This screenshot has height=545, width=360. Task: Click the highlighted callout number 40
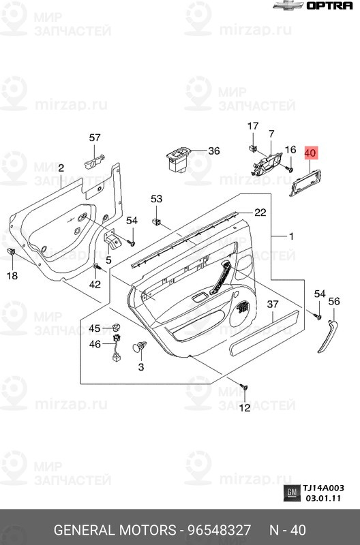[310, 153]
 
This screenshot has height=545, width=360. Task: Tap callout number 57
[95, 138]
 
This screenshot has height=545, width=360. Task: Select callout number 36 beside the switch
[213, 151]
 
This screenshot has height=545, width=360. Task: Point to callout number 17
[253, 126]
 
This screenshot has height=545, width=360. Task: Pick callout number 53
[157, 199]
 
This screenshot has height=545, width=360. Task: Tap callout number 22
[260, 212]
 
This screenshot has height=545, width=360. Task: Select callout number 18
[12, 275]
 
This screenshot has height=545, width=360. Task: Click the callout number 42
[95, 284]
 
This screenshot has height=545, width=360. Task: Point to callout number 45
[95, 328]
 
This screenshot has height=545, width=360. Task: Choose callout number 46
[95, 345]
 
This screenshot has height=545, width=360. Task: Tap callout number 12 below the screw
[244, 408]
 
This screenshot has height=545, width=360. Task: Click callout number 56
[334, 301]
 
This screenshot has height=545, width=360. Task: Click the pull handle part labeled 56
[327, 335]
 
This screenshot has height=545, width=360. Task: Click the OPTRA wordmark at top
[329, 6]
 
